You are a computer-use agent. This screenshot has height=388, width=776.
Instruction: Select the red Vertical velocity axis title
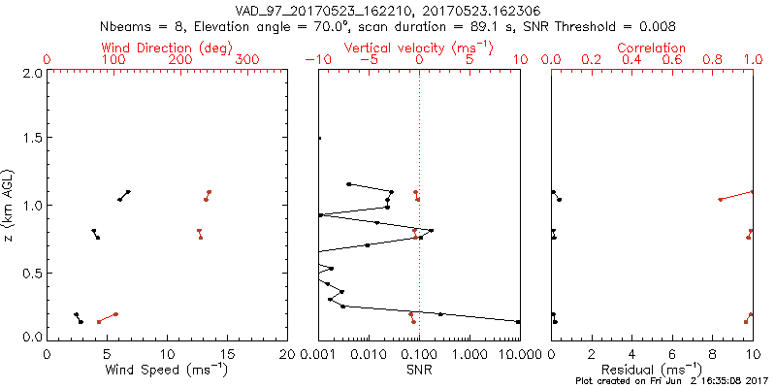(x=419, y=48)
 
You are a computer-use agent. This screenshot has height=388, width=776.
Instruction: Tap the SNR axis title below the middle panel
(x=419, y=370)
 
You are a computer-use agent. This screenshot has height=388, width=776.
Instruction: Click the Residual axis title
(x=652, y=370)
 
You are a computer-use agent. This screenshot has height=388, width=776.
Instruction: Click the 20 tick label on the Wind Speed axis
(x=287, y=353)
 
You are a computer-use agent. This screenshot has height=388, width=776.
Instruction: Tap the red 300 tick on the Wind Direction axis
(x=247, y=60)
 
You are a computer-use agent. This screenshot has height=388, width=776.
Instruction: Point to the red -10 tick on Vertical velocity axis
(x=315, y=60)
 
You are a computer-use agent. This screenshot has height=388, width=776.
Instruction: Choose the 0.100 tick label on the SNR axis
(x=419, y=353)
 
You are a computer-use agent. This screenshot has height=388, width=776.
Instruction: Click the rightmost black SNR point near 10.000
(x=519, y=321)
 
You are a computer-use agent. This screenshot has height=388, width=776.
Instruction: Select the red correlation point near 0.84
(x=721, y=200)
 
